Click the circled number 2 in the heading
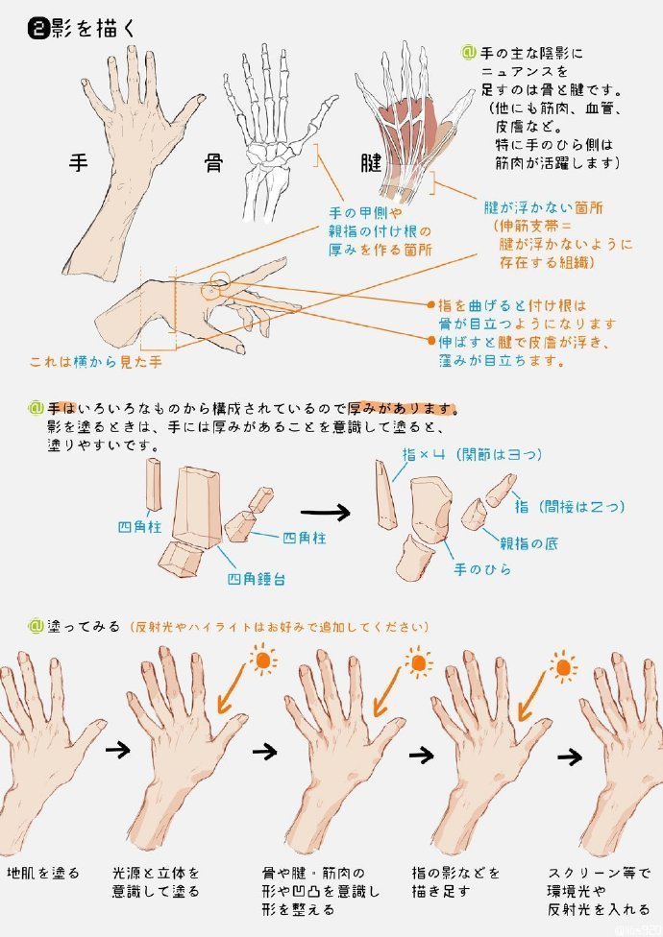tap(38, 29)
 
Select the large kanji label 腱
tap(343, 161)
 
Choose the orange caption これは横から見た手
tap(95, 362)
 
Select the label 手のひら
tap(482, 569)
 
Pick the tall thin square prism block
tap(155, 485)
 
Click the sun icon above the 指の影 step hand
tap(564, 663)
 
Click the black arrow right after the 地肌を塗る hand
tap(117, 750)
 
